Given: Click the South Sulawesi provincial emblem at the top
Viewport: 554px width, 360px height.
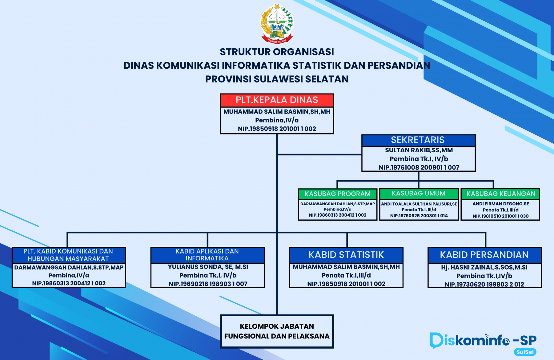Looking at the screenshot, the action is [277, 23].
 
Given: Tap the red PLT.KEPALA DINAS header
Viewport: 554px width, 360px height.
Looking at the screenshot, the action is [277, 100].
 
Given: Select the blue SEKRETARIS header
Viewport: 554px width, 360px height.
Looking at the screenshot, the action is [418, 140].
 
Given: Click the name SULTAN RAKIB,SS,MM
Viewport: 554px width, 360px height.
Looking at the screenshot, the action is [419, 150].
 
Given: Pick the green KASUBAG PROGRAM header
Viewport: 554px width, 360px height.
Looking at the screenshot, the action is [338, 194].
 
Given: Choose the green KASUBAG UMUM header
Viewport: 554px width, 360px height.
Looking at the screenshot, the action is [419, 194].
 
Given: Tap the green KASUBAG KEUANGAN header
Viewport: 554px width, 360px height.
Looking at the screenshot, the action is [501, 194].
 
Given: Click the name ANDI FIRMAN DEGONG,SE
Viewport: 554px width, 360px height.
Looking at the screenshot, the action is [501, 204].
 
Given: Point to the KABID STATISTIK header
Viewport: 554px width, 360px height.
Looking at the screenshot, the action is [346, 255].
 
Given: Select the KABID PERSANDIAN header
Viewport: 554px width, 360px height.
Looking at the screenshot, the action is [484, 255].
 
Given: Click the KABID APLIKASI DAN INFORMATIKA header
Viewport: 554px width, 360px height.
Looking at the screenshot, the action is [207, 255].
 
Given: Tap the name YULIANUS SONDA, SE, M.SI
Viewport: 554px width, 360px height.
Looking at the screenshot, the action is [208, 267].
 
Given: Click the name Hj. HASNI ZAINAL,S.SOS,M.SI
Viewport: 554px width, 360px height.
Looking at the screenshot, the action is [484, 267].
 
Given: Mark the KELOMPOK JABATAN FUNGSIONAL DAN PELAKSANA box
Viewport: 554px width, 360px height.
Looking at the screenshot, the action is [277, 331].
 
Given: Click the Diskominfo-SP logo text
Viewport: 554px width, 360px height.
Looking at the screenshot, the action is [483, 340].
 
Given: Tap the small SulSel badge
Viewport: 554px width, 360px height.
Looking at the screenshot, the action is [525, 352].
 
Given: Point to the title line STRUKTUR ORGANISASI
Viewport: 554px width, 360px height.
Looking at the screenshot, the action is [277, 52].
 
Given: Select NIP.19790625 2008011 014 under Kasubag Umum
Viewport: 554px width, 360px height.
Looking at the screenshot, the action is [419, 216].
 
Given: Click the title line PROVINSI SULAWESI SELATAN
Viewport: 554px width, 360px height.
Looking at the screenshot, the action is [277, 79].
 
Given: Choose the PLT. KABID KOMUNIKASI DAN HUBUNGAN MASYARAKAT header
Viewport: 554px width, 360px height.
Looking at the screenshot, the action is [68, 255].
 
